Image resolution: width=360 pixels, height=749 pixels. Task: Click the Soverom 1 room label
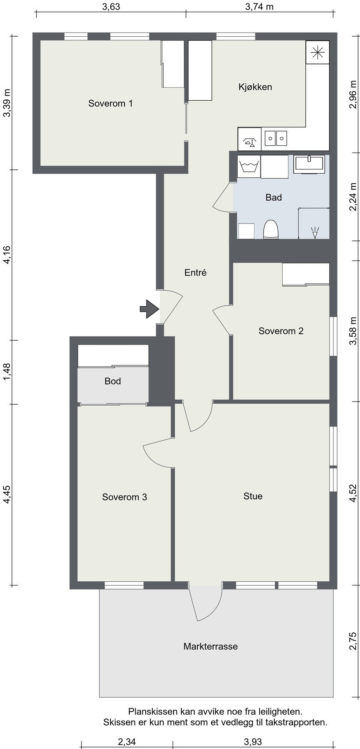click(x=110, y=103)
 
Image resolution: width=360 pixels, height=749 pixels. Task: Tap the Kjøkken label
click(x=255, y=87)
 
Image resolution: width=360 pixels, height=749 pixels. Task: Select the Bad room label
click(x=273, y=197)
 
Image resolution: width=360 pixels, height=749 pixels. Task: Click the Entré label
click(x=195, y=273)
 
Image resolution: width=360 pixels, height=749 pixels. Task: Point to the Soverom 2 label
click(x=281, y=331)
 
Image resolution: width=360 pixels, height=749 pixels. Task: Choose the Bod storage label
click(x=113, y=381)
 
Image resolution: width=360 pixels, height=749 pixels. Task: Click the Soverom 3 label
click(x=124, y=497)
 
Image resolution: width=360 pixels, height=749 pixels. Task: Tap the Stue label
click(x=253, y=496)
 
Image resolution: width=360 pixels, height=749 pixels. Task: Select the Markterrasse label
click(x=211, y=646)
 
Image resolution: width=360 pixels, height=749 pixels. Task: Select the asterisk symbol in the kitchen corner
click(x=318, y=52)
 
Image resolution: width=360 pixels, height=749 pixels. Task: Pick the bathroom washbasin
click(x=310, y=164)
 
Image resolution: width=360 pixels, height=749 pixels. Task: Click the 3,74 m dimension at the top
click(x=259, y=6)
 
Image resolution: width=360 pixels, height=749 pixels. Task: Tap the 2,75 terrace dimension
click(x=353, y=641)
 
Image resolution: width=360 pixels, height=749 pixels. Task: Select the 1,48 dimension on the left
click(x=7, y=372)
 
